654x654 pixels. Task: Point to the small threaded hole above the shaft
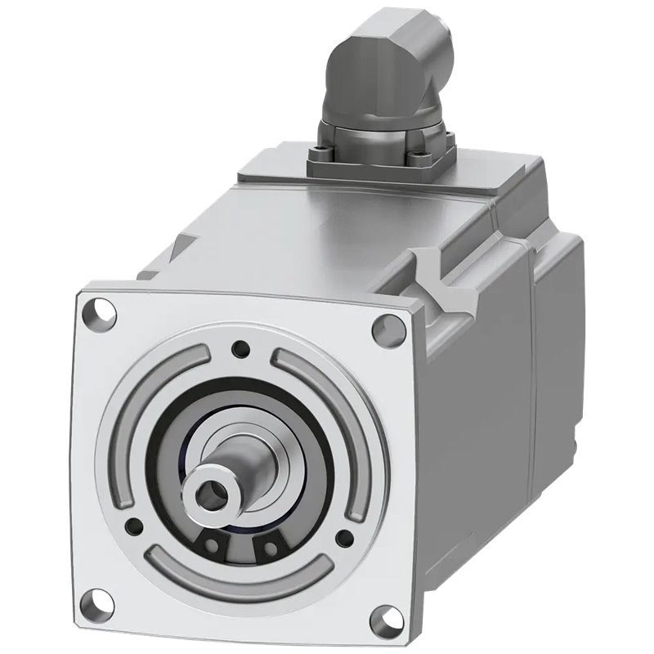pos(240,349)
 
